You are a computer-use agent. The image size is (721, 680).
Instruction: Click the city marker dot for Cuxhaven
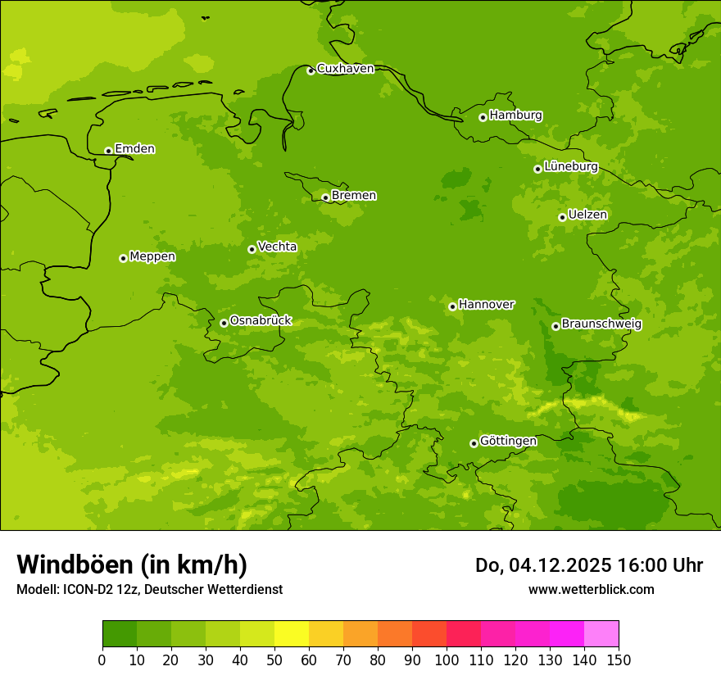[311, 70]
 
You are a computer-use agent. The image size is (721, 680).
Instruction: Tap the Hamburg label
[515, 116]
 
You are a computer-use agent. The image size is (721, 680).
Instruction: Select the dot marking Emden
[108, 151]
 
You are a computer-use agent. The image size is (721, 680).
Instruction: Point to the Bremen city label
[353, 196]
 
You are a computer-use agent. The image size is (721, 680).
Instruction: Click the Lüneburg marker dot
[537, 169]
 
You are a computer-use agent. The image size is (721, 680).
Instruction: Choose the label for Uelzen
[587, 215]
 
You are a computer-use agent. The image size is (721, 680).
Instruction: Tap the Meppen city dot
[123, 258]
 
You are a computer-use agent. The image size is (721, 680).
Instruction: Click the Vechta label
[277, 247]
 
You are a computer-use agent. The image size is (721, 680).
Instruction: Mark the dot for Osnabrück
[224, 323]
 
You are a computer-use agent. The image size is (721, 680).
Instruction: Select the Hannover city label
[486, 305]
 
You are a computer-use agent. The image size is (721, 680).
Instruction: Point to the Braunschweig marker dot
[555, 326]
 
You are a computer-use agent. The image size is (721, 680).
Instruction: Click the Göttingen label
[508, 442]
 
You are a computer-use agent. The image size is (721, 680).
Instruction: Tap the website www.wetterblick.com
[591, 589]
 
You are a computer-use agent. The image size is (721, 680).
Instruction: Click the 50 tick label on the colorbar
[274, 660]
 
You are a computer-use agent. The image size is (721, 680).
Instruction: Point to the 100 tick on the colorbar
[447, 660]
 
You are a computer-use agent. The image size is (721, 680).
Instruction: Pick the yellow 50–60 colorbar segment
[292, 634]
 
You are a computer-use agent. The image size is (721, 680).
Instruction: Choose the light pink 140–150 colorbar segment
[601, 634]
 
